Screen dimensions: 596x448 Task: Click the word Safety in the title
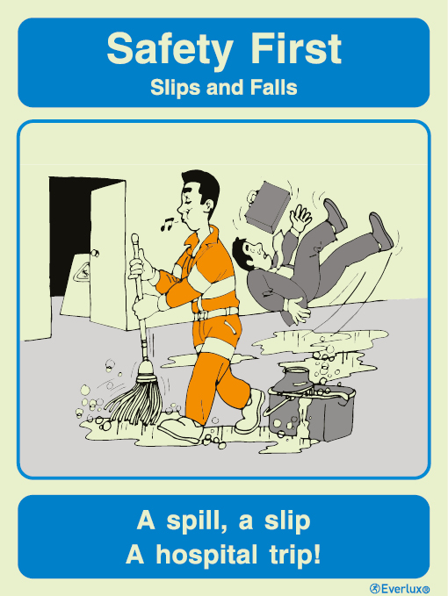coord(166,50)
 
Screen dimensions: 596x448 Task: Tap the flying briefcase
coord(269,205)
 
